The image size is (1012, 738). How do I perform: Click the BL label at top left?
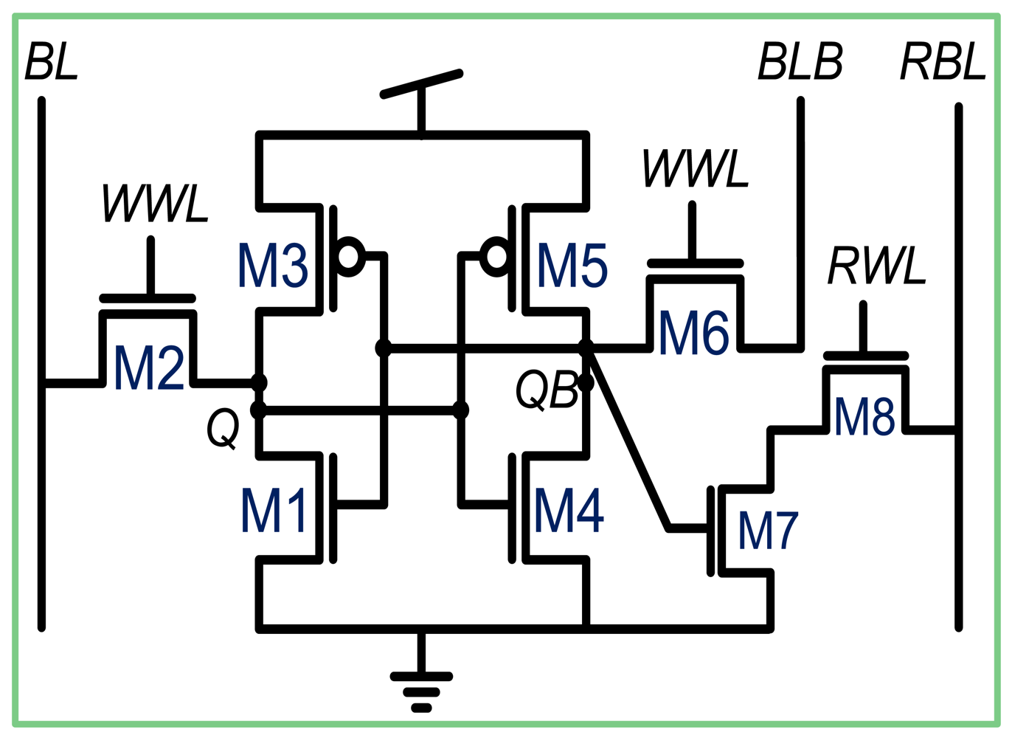click(51, 62)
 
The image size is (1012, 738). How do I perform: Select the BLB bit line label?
click(800, 62)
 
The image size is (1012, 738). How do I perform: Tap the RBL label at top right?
click(943, 62)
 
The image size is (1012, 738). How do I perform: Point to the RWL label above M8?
click(876, 266)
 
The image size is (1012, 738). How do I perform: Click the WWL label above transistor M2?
click(155, 203)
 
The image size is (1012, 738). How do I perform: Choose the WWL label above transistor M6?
click(695, 169)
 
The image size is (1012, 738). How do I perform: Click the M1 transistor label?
click(274, 510)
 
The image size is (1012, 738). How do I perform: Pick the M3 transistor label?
click(272, 266)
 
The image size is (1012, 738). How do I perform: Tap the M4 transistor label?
click(569, 510)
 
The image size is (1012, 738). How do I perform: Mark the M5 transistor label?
click(572, 266)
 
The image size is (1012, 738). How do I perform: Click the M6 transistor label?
click(693, 334)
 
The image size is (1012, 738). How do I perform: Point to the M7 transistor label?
click(768, 531)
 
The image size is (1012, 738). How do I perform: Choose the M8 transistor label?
click(864, 415)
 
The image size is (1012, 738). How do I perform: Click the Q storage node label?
click(222, 429)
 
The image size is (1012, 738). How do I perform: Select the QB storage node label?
click(547, 390)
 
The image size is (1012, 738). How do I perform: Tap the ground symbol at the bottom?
click(421, 690)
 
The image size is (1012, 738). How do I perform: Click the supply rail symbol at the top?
click(421, 85)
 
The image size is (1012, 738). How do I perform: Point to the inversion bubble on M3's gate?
click(349, 257)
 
